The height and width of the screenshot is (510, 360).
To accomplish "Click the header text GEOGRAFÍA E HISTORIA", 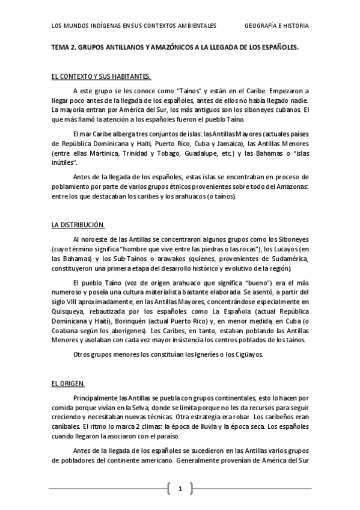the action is point(277,26).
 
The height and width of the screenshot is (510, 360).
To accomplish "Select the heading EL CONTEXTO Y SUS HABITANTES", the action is point(100,76).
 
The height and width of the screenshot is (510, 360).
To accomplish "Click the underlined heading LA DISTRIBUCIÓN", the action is point(78,225).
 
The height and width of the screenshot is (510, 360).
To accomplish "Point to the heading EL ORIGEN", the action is point(68,383).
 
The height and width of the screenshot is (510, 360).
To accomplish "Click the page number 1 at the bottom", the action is point(180,488).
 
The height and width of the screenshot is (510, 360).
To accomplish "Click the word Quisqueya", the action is point(70,313).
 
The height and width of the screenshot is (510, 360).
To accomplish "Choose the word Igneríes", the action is point(205,354).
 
